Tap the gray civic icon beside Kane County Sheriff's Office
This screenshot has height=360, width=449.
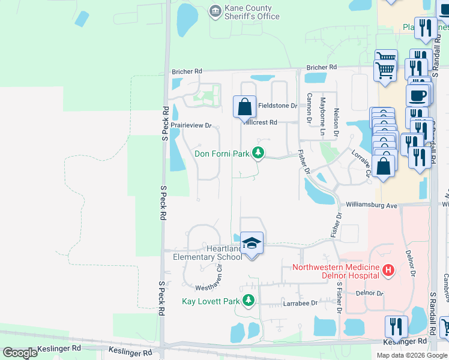coord(214,11)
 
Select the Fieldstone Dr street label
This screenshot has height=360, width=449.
coord(277,106)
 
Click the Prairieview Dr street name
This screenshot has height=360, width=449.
coord(191,125)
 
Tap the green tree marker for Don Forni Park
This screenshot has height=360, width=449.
coord(258,154)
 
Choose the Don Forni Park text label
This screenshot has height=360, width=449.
coord(221,154)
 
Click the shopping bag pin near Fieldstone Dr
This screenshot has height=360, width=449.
coord(244,107)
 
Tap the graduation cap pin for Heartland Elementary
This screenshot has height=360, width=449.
coord(252,243)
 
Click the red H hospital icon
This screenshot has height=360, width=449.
coord(388,271)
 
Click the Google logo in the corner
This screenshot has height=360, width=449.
coord(20,353)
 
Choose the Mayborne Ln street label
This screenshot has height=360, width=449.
coord(322,109)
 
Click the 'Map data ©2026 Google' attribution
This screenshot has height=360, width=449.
coord(412,355)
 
